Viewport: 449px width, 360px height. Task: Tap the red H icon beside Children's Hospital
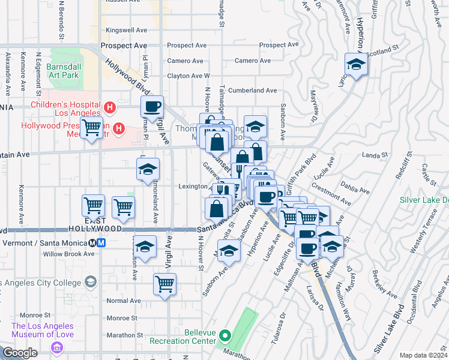click(x=109, y=108)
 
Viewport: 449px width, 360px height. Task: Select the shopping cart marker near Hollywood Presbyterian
click(x=91, y=128)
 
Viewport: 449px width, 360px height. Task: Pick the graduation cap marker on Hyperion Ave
click(x=356, y=65)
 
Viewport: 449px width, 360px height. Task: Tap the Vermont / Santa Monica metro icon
click(x=97, y=243)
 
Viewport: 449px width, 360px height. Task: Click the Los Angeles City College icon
click(x=90, y=282)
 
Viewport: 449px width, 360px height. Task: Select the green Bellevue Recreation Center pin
click(x=224, y=335)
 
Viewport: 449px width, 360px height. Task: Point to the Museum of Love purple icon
click(x=57, y=347)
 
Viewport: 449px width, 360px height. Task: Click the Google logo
click(x=20, y=353)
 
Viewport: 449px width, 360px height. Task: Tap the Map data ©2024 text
click(x=424, y=355)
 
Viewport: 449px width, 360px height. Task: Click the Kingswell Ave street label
click(x=126, y=29)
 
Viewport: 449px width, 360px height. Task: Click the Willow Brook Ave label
click(x=68, y=254)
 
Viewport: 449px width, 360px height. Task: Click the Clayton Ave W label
click(x=188, y=76)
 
